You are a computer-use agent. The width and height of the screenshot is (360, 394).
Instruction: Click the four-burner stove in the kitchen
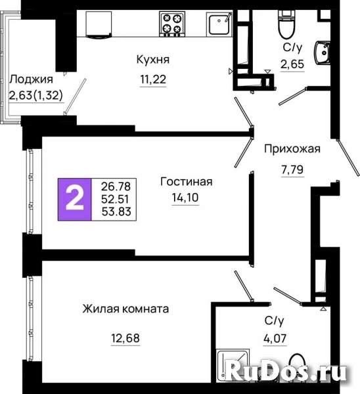[x=172, y=24]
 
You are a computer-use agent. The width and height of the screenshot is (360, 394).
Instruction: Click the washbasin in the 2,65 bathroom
[x=323, y=53]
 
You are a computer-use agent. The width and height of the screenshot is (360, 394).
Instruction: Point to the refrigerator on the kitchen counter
[x=99, y=25]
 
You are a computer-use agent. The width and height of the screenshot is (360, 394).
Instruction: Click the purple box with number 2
[x=74, y=200]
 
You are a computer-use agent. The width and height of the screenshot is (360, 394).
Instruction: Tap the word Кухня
[x=153, y=60]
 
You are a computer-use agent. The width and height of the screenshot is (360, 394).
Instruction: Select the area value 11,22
[x=153, y=79]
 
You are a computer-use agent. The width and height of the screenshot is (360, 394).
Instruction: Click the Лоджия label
[x=31, y=79]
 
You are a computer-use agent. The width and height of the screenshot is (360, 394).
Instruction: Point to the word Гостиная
[x=187, y=181]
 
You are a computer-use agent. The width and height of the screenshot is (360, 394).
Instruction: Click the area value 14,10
[x=185, y=198]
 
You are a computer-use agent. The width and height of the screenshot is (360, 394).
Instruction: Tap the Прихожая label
[x=292, y=149]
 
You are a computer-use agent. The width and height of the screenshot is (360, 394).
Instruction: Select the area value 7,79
[x=292, y=170]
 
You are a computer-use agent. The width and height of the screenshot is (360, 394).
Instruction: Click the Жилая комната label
[x=125, y=309]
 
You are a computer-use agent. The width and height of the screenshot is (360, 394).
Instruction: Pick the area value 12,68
[x=125, y=338]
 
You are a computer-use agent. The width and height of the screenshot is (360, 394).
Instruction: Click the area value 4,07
[x=275, y=338]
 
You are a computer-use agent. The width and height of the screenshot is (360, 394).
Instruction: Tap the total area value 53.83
[x=116, y=211]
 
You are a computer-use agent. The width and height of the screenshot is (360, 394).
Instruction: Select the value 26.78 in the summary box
[x=116, y=186]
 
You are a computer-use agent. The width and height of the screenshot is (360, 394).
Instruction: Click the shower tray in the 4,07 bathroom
[x=233, y=366]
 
